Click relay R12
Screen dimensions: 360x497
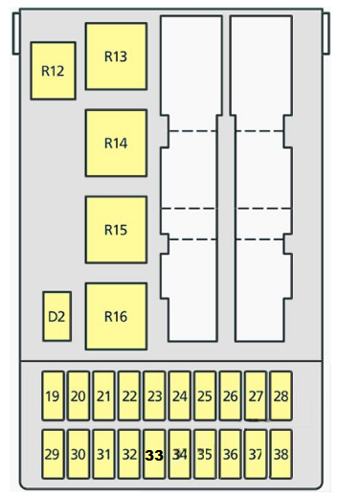[x=53, y=71]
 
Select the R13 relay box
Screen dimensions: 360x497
[x=116, y=56]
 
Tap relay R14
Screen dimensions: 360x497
[x=116, y=143]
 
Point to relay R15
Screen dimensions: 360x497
[x=116, y=230]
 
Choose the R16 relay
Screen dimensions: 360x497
[x=116, y=316]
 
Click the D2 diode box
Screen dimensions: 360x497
[x=56, y=316]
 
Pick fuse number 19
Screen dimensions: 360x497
[x=53, y=395]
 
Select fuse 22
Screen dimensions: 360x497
[x=129, y=395]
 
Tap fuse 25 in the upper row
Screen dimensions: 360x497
[x=205, y=395]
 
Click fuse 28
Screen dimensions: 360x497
[x=281, y=395]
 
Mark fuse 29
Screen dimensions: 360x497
[x=53, y=454]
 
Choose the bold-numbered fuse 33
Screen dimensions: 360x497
[x=154, y=454]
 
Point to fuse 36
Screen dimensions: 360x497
[x=230, y=454]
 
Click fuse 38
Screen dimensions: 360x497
[x=281, y=454]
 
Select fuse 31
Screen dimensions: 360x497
[x=103, y=454]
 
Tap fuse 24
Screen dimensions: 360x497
[x=180, y=395]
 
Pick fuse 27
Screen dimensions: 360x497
[x=256, y=395]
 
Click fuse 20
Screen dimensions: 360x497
[x=79, y=395]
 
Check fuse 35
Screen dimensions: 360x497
[x=205, y=454]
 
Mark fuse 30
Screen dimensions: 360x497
[x=79, y=454]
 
